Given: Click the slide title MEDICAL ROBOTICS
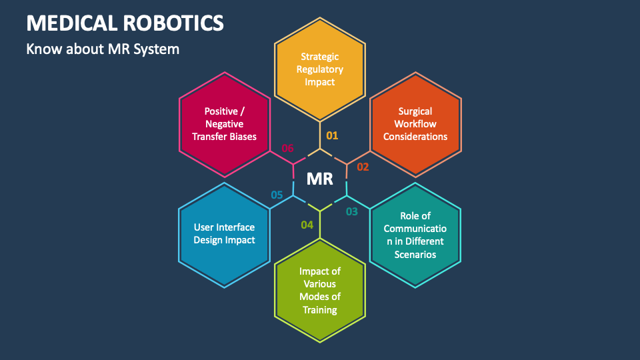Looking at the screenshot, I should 125,23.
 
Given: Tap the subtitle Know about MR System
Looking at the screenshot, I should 103,49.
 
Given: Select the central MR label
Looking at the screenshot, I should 320,179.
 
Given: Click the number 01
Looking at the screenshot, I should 332,135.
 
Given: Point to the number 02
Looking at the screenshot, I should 363,167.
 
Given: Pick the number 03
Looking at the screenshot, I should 351,212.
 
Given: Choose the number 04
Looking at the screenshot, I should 307,225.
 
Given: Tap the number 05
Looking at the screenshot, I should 277,195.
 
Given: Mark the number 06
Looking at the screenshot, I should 287,148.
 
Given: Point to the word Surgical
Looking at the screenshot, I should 415,111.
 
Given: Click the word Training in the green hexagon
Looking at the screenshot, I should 320,309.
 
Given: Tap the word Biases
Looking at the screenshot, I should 243,136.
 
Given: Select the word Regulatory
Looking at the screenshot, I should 320,69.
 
